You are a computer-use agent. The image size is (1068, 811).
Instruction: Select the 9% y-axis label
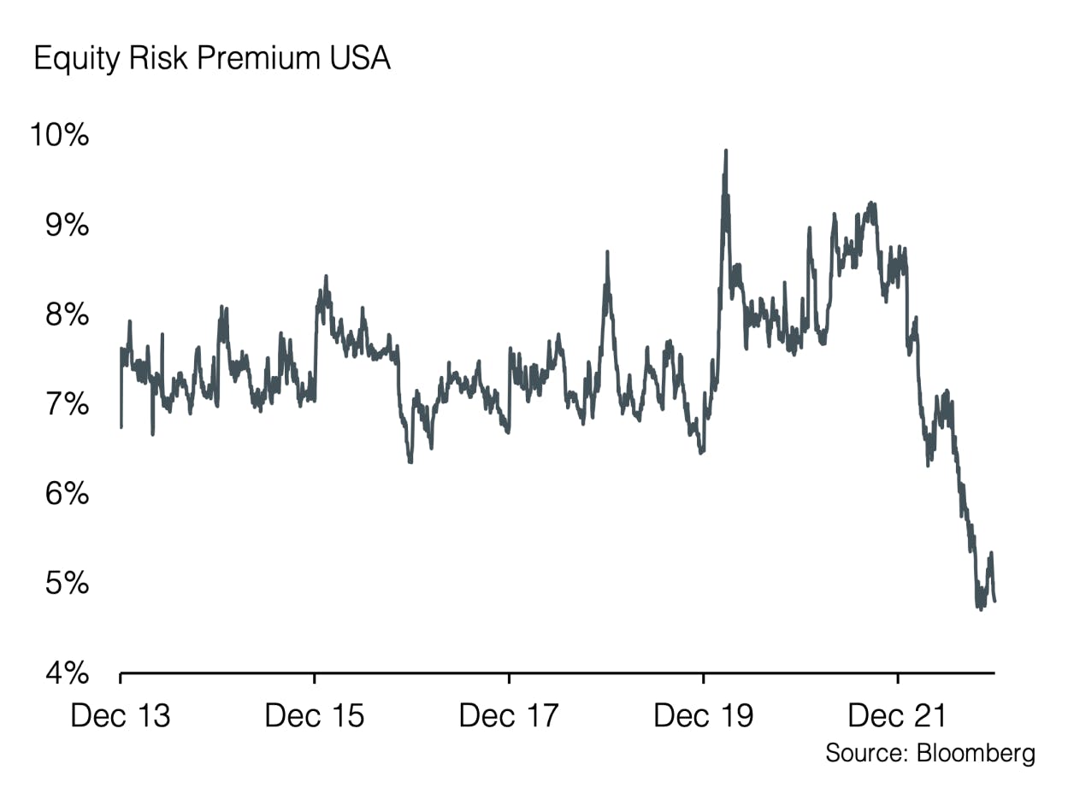[x=68, y=226]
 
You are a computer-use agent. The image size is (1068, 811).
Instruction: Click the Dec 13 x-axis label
[x=121, y=716]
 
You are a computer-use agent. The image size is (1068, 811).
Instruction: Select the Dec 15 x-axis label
[x=315, y=716]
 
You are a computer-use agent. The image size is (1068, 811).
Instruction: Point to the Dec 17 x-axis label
[x=509, y=716]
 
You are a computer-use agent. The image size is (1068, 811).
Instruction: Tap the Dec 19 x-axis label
[x=703, y=716]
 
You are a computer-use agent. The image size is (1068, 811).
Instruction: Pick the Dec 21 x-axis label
[x=898, y=716]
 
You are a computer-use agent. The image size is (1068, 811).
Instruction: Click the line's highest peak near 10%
[x=726, y=151]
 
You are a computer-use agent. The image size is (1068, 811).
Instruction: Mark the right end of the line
[x=994, y=601]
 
